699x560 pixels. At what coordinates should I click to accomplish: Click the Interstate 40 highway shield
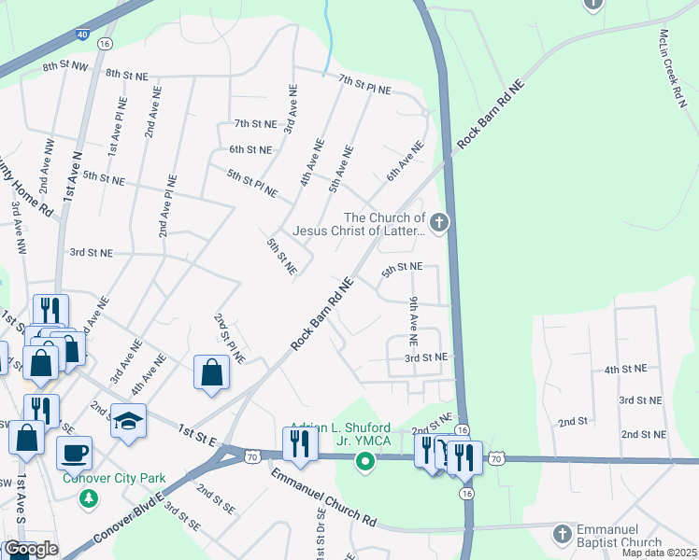[82, 34]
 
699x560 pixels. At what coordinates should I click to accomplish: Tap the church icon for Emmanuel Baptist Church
[562, 534]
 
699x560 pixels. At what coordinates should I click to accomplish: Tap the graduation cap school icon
[128, 420]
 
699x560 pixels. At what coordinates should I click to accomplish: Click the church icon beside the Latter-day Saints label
[440, 222]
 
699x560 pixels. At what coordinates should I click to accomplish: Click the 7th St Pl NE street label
[364, 84]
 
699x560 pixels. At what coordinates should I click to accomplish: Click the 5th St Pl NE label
[252, 183]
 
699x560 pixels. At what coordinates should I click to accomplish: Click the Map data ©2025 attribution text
[659, 553]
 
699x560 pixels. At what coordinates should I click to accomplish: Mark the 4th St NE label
[625, 370]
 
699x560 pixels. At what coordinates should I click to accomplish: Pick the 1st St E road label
[197, 433]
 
